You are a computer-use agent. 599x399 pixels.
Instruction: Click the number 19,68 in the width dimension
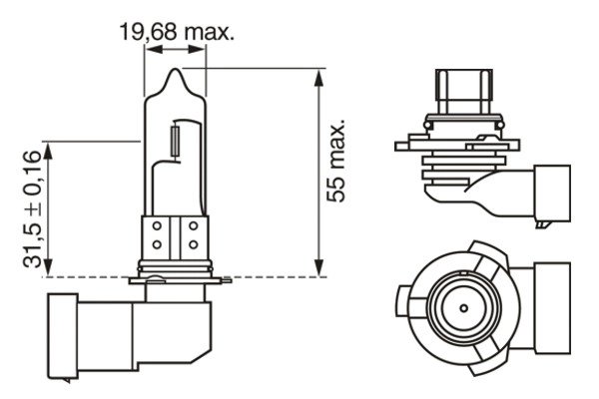click(x=145, y=32)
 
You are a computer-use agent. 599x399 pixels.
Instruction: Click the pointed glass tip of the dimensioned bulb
click(x=175, y=74)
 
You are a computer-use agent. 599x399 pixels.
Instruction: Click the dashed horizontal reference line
click(x=230, y=276)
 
